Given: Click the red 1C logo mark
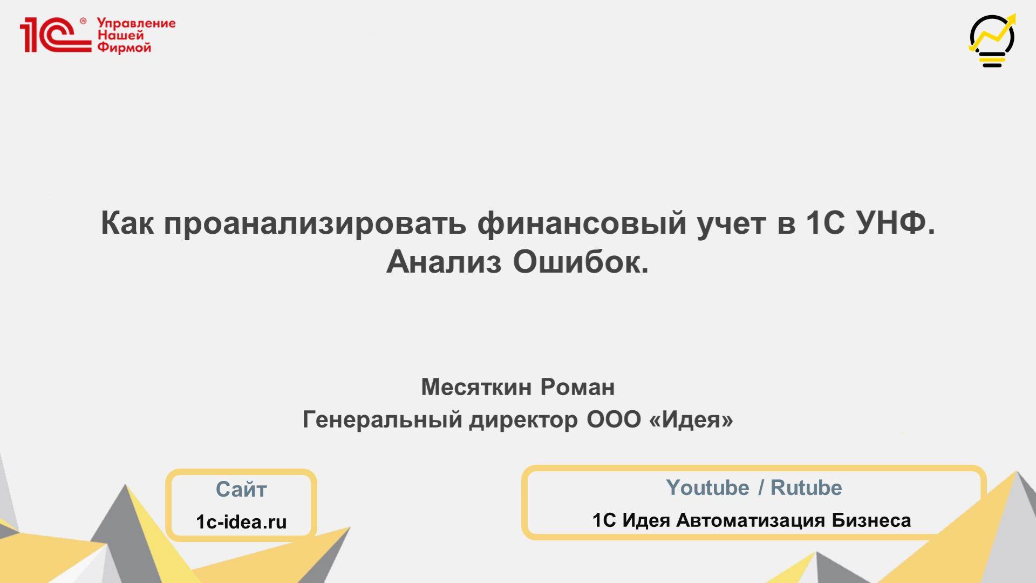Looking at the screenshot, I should click(54, 35).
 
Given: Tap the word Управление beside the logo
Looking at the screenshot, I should click(136, 24).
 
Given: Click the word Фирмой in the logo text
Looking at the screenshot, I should click(124, 48).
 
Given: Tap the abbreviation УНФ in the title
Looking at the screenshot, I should click(895, 223).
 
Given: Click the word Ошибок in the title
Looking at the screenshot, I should click(580, 263).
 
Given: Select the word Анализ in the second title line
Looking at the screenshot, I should click(444, 263).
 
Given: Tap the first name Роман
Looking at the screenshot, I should click(577, 388).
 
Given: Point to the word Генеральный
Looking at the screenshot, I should click(381, 419).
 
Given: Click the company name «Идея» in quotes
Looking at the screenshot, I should click(691, 419).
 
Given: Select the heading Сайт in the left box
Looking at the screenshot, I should click(241, 490).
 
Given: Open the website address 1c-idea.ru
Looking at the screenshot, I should click(241, 522).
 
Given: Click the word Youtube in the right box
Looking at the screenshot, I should click(707, 487).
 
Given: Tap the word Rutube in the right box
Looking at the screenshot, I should click(806, 487).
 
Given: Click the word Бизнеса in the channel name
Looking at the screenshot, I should click(871, 520).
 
